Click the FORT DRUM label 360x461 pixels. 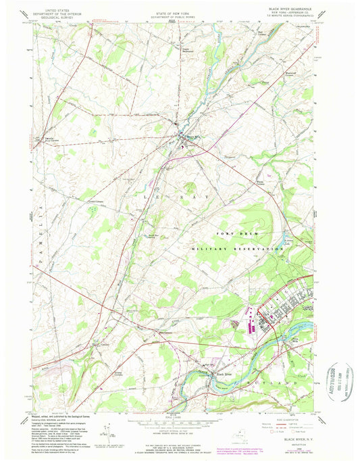(236, 233)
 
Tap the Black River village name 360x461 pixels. (223, 374)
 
